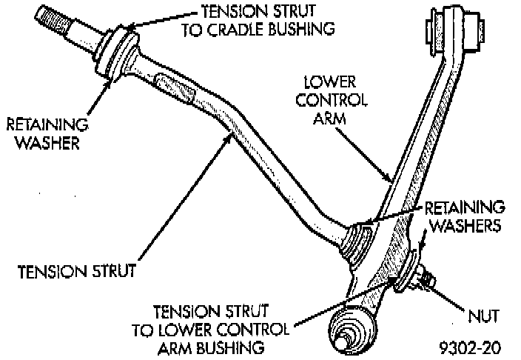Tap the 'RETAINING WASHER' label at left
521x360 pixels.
pos(46,132)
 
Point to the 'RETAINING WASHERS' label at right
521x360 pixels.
pos(465,214)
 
